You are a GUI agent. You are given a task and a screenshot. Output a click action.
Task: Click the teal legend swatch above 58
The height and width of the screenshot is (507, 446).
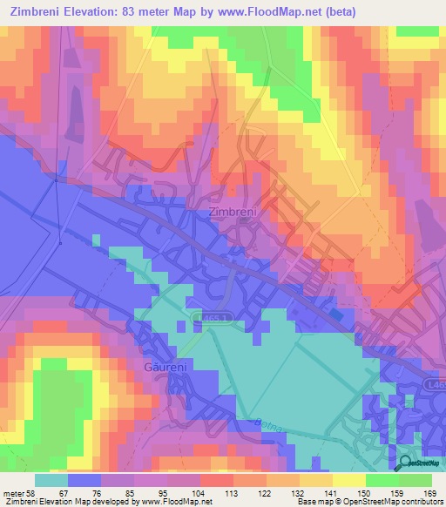tap(51, 480)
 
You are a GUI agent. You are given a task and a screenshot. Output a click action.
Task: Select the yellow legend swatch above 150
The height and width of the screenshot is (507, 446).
tap(348, 480)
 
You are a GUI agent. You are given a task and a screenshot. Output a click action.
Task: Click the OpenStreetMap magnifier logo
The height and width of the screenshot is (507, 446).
tap(405, 463)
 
